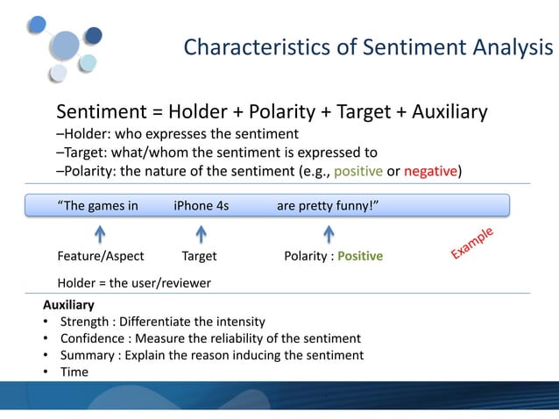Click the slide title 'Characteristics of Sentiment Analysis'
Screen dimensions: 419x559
368,47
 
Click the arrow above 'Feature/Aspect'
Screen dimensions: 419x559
101,234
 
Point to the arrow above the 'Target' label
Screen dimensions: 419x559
201,234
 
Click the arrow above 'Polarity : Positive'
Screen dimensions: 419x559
329,234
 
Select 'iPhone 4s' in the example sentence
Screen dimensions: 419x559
202,207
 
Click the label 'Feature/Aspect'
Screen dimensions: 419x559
101,257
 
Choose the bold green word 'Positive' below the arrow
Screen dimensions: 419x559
360,257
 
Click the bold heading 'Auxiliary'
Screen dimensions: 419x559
68,306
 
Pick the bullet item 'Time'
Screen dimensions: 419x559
74,372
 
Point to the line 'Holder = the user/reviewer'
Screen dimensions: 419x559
133,282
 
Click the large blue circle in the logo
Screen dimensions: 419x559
66,44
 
